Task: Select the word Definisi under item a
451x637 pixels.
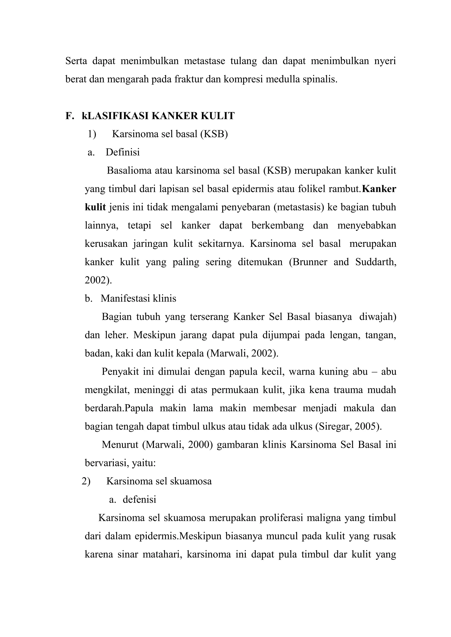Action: click(122, 152)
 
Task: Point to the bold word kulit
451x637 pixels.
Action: click(95, 207)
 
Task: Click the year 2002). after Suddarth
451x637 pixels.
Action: click(98, 280)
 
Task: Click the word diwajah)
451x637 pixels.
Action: click(377, 317)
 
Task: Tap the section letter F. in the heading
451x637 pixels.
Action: click(70, 116)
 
